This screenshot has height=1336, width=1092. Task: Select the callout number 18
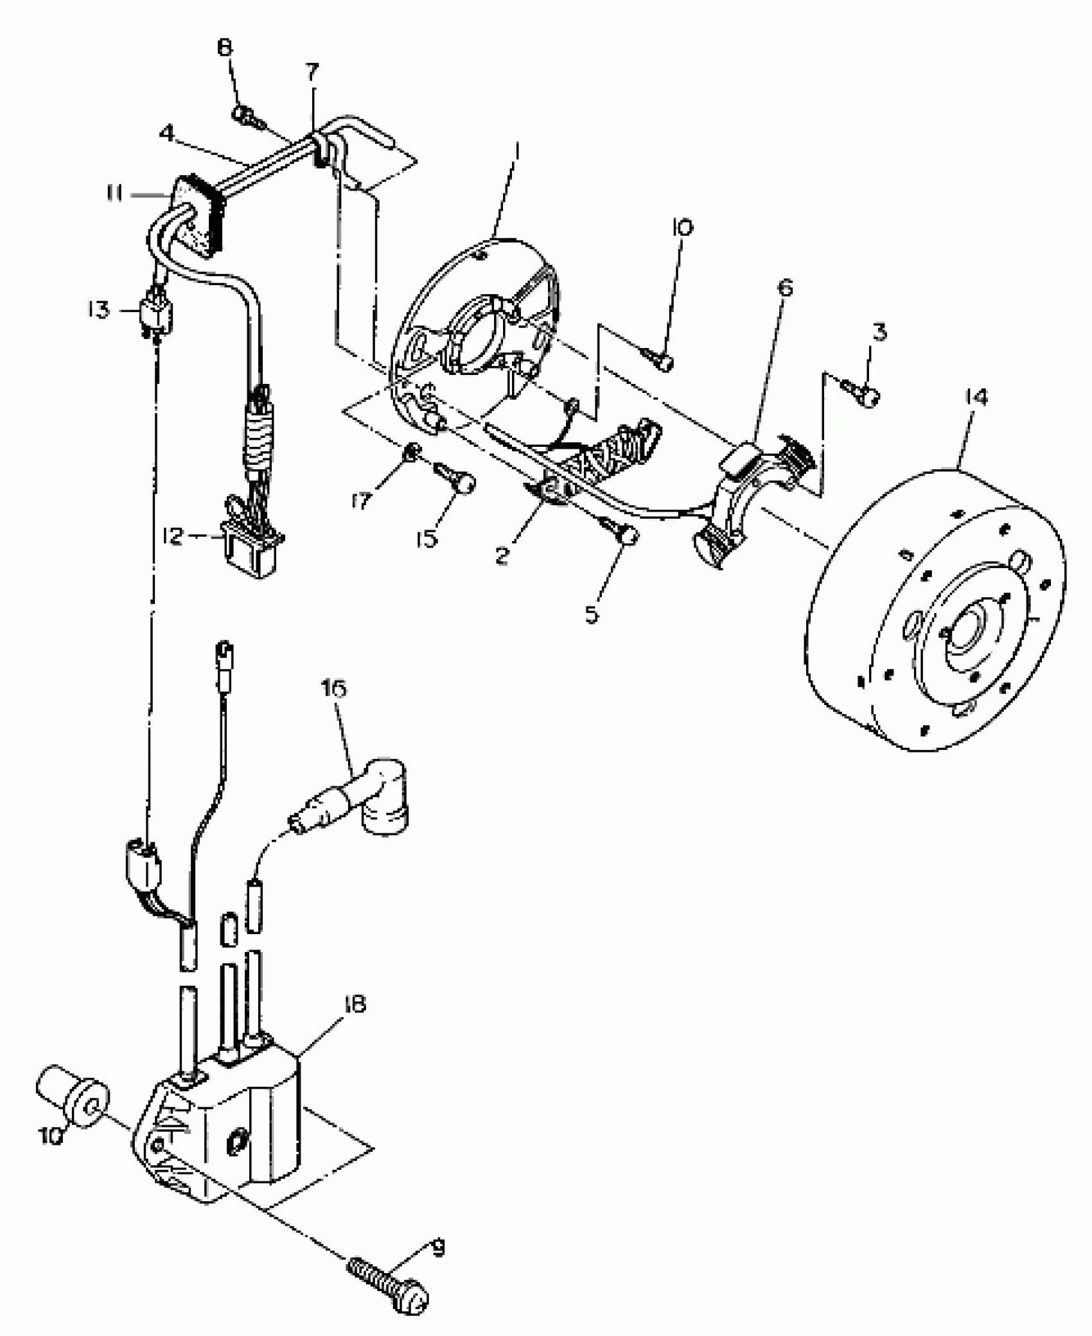[354, 1003]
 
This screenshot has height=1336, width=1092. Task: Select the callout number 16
[335, 689]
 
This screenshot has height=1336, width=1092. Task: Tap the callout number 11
[115, 193]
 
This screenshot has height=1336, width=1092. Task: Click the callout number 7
[312, 72]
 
